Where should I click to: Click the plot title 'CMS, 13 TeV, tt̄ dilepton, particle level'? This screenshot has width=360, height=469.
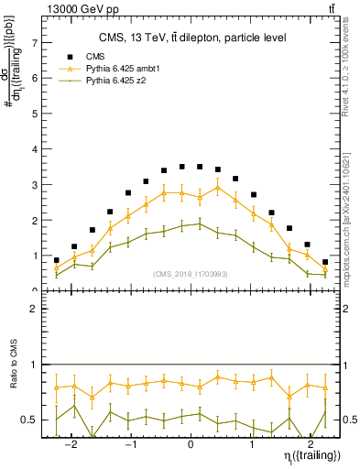(x=192, y=38)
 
